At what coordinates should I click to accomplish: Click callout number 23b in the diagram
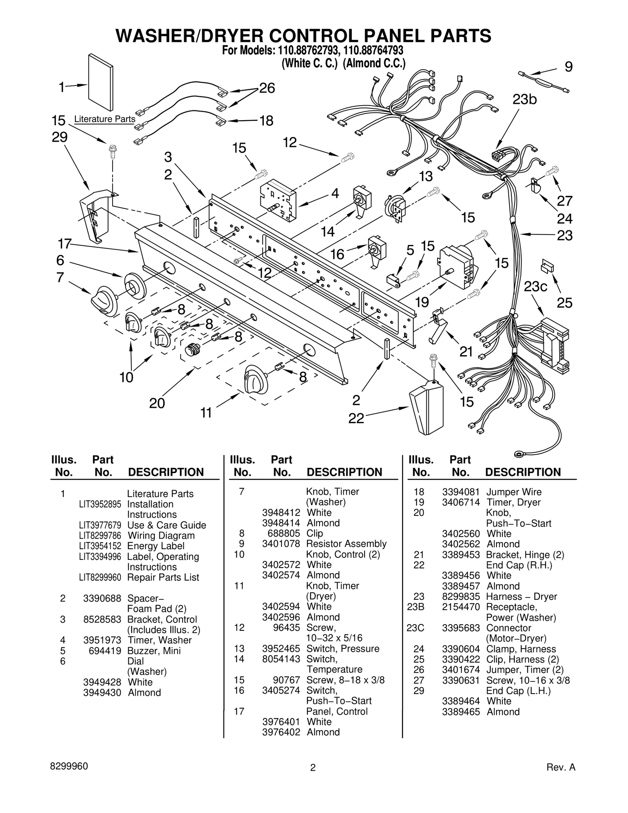pyautogui.click(x=524, y=100)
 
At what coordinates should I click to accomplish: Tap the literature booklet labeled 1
pyautogui.click(x=101, y=82)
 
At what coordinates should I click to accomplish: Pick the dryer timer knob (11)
pyautogui.click(x=256, y=378)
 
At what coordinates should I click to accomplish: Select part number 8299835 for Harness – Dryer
pyautogui.click(x=461, y=597)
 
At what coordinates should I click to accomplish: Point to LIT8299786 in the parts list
pyautogui.click(x=100, y=535)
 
